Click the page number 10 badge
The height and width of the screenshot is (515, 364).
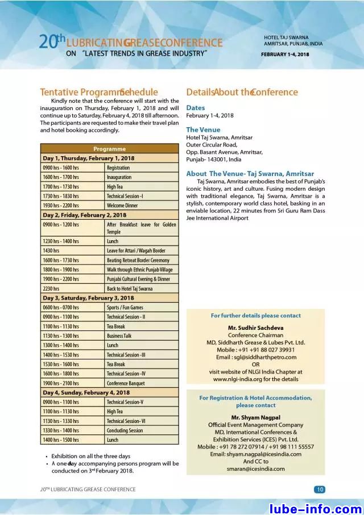(x=320, y=489)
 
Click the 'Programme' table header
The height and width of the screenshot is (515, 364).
(x=109, y=149)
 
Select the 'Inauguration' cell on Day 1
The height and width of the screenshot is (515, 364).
(x=119, y=177)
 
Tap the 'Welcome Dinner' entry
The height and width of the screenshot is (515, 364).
(x=122, y=206)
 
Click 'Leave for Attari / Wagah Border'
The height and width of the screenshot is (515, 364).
(x=136, y=250)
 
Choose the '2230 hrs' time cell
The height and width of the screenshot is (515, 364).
(x=52, y=288)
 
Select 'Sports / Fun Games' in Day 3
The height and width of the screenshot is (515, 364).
(x=125, y=307)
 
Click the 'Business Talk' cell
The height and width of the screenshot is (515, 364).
(x=119, y=336)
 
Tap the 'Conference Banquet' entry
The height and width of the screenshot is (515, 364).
(x=126, y=383)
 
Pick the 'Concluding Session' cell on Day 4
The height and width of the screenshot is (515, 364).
(x=125, y=430)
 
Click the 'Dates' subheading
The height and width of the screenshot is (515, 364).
(x=196, y=107)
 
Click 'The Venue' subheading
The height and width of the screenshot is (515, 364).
(x=203, y=129)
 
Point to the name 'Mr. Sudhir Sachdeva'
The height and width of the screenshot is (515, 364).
(x=255, y=328)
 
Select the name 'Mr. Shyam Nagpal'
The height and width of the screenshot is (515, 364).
(x=255, y=417)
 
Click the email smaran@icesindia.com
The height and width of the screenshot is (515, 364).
(x=255, y=469)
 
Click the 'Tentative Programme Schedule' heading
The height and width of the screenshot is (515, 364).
(x=99, y=92)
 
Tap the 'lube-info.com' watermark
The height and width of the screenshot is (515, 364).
(x=315, y=507)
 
